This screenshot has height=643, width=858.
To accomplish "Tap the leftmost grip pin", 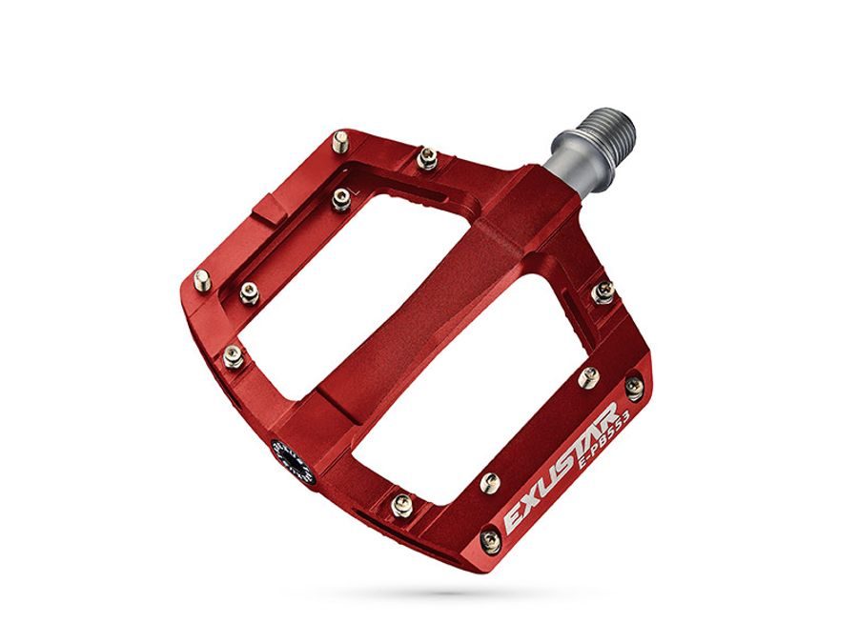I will click(201, 279).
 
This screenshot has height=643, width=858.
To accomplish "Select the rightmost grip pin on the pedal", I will click(633, 385).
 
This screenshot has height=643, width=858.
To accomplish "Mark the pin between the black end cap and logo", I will click(401, 505).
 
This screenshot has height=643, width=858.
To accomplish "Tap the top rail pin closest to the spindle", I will click(427, 157).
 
